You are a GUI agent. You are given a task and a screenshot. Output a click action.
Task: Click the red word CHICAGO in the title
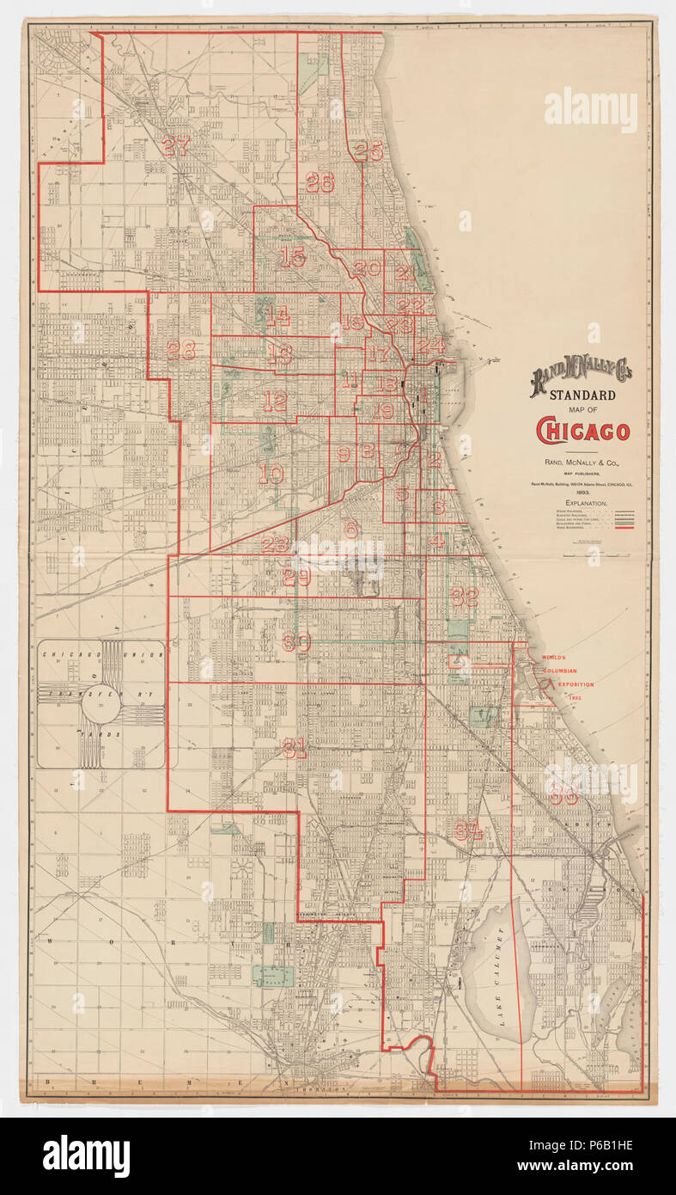point(582,431)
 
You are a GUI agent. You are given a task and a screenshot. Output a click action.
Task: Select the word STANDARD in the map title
point(582,395)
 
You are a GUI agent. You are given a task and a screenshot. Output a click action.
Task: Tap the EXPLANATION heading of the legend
point(586,502)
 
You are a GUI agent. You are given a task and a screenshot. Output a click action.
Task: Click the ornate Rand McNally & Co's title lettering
point(581,376)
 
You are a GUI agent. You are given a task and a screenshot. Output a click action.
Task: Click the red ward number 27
point(174,146)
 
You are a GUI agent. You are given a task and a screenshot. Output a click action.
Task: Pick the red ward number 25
point(368,150)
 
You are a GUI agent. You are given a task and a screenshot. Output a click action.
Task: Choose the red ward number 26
point(319,182)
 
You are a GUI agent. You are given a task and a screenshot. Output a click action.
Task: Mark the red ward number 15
point(292,256)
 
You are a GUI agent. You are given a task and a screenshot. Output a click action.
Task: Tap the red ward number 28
point(181,350)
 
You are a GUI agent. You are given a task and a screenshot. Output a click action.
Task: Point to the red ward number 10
point(271,474)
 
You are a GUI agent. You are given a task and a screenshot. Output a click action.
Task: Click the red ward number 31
point(294,748)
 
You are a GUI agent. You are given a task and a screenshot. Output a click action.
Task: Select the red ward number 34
point(468,831)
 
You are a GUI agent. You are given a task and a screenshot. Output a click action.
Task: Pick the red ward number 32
point(464,597)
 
